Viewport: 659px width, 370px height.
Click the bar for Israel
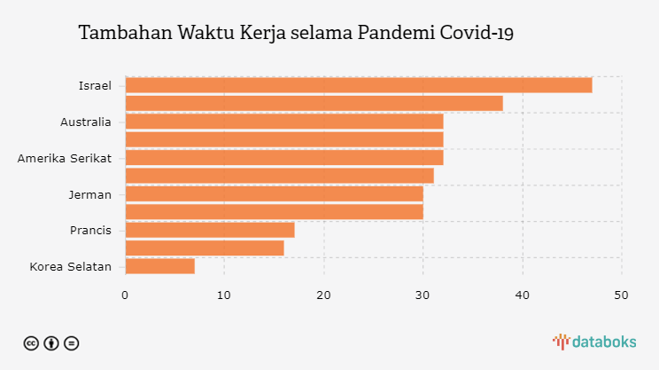coord(358,85)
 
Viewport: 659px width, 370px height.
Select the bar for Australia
coord(283,122)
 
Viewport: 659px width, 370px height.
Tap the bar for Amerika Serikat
coord(283,158)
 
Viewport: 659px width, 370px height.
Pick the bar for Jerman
coord(274,193)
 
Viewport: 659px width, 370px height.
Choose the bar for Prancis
coord(209,230)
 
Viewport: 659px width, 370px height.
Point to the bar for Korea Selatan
coord(159,266)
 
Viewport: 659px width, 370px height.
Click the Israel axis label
coord(95,86)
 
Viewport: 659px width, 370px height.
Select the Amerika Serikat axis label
coord(65,158)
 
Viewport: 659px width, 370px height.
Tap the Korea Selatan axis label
coord(71,266)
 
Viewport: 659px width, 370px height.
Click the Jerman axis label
coord(89,194)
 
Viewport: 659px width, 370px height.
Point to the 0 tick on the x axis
coord(125,294)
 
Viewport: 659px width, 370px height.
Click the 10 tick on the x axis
coord(224,294)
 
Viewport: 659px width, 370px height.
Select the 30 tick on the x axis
coord(423,294)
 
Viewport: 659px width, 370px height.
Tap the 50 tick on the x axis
coord(621,294)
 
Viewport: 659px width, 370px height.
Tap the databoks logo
coord(593,342)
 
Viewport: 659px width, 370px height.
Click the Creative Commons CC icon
coord(30,342)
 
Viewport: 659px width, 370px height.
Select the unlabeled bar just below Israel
coord(314,104)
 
